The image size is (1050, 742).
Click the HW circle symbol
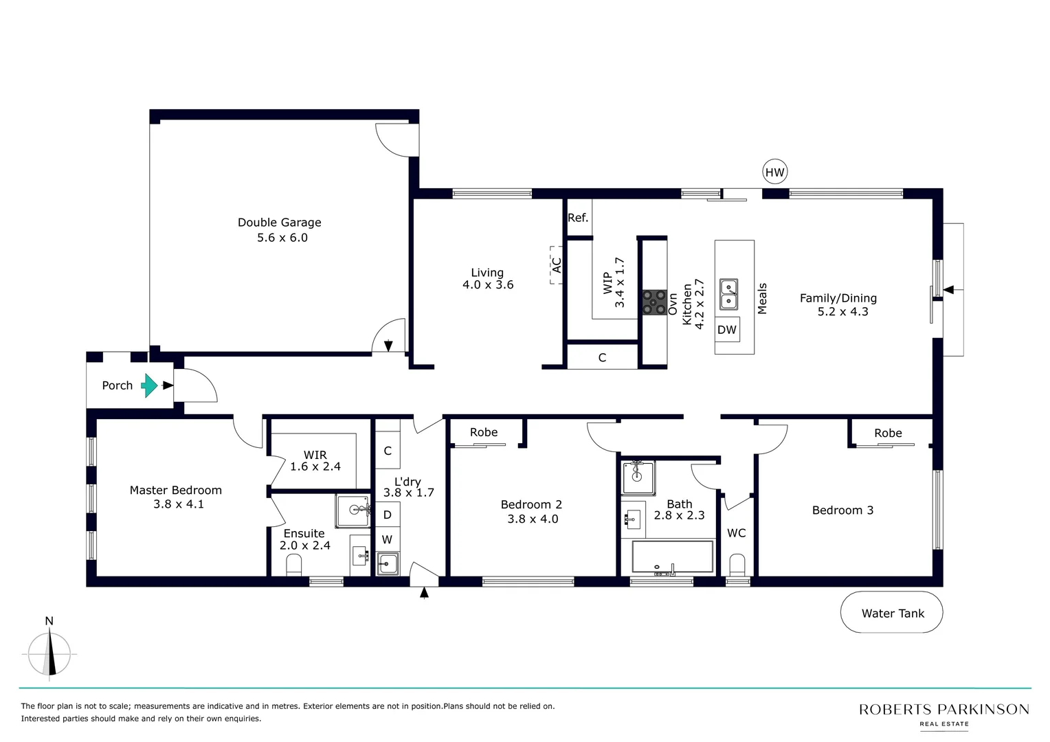774,172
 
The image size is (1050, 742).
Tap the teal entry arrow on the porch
149,385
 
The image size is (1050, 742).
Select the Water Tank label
892,613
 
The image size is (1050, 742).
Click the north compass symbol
49,653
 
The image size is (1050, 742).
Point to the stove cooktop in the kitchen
654,302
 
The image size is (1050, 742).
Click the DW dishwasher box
727,330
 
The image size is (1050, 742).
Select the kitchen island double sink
728,294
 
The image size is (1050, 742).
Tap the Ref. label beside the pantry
578,218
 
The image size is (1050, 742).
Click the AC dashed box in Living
556,265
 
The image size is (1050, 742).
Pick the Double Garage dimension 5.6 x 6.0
282,238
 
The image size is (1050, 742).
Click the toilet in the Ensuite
293,565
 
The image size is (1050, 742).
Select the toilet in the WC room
737,565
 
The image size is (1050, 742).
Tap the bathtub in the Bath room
673,557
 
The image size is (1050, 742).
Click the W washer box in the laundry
387,540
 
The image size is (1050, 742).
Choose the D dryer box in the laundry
387,515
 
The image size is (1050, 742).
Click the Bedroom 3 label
842,510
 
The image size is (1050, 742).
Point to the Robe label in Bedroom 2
484,432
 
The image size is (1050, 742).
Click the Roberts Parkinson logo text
943,710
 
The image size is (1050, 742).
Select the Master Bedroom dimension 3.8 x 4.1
178,504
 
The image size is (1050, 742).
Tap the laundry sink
387,564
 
